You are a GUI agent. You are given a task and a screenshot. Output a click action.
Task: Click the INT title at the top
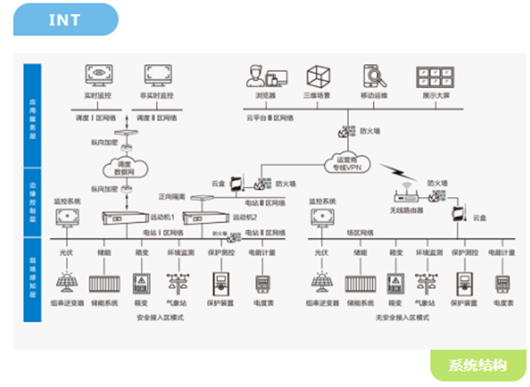(x=65, y=19)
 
